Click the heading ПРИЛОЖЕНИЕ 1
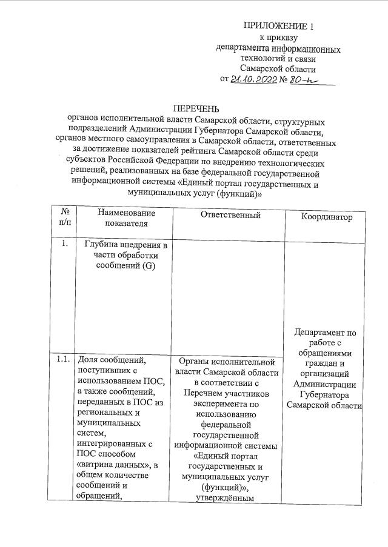(279, 26)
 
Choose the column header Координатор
(326, 217)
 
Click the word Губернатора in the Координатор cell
(327, 394)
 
